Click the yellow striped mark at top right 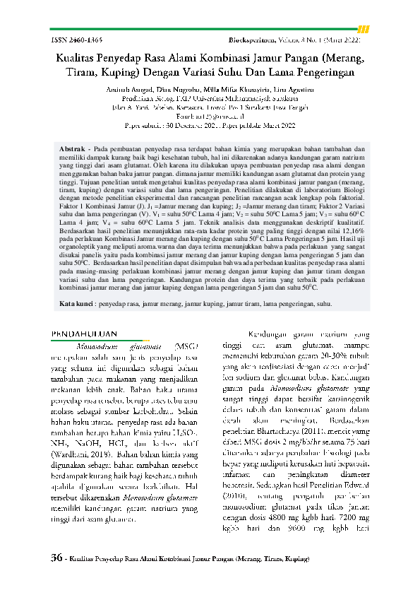click(x=364, y=29)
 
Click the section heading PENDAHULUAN click(x=87, y=333)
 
